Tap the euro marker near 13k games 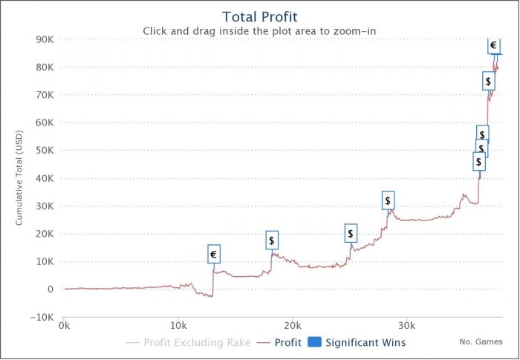(x=214, y=255)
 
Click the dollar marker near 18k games (x=272, y=240)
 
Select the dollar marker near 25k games (x=351, y=234)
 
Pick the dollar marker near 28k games (x=388, y=200)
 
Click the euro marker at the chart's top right (x=493, y=45)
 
